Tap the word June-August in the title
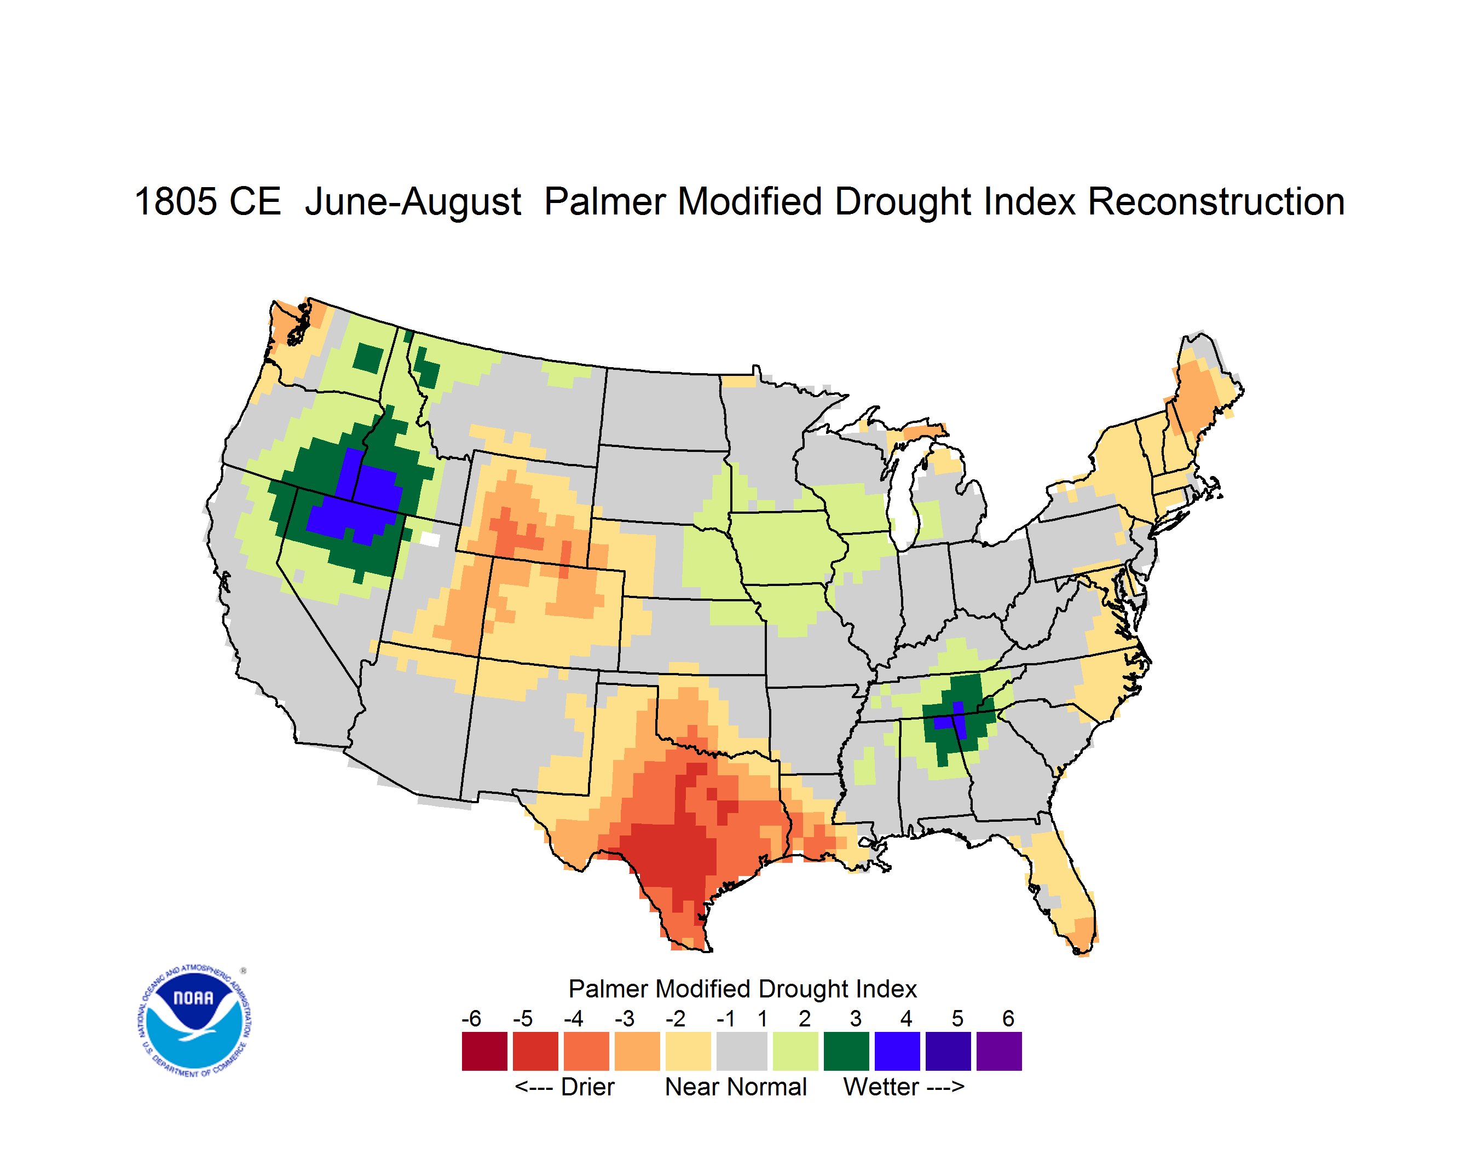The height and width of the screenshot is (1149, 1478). pos(413,203)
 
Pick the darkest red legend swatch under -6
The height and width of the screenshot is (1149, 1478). pos(484,1052)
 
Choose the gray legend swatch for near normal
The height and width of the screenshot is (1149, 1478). pos(742,1052)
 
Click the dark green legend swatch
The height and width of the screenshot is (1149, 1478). pos(846,1052)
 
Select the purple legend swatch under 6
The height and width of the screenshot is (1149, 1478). pos(999,1052)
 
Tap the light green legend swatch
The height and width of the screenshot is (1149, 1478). pos(795,1052)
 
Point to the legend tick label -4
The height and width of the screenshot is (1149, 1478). pos(573,1018)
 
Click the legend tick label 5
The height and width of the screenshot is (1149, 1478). pos(957,1018)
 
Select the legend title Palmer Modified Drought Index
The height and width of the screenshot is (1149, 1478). pos(742,989)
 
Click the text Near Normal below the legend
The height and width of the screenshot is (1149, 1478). pos(736,1087)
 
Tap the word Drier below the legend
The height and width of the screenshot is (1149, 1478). pos(587,1087)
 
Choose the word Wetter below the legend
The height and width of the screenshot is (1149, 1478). pos(881,1087)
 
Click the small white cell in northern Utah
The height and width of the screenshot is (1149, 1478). pos(430,539)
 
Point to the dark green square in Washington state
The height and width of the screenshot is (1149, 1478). pos(368,358)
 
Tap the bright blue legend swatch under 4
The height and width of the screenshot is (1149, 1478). pos(897,1052)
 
